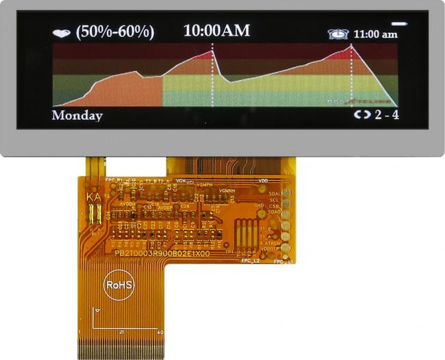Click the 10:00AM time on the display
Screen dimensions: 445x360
[217, 30]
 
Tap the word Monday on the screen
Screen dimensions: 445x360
[77, 116]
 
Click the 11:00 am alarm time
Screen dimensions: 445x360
[374, 34]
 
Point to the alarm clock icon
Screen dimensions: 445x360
[338, 34]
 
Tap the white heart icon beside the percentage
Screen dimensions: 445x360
[62, 32]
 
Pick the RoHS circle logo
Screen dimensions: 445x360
[118, 284]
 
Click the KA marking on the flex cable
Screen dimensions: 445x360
[94, 198]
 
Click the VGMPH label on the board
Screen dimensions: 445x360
[204, 185]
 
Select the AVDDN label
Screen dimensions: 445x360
[127, 203]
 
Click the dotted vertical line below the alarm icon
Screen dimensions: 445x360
[351, 75]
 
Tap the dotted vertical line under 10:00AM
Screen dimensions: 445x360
[212, 75]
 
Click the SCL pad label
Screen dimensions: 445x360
[274, 200]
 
